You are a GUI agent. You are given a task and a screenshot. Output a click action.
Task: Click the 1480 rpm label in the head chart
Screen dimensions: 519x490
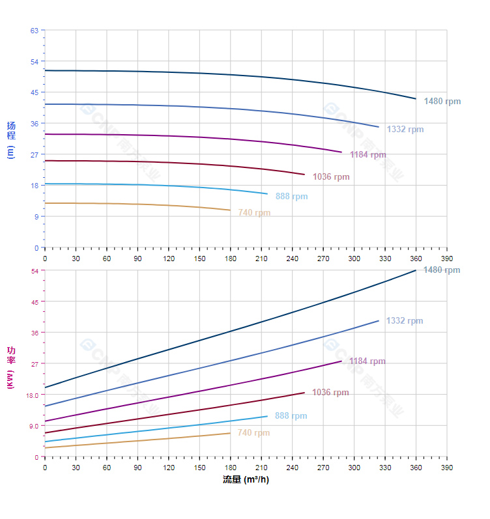point(442,101)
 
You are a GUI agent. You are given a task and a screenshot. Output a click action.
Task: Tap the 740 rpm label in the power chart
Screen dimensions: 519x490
point(253,433)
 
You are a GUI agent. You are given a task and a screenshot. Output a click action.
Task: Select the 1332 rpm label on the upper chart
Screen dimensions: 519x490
point(405,129)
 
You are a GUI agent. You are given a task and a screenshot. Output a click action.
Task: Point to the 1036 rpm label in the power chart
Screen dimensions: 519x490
point(330,393)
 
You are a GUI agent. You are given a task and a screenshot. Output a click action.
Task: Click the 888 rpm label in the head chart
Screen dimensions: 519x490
point(291,196)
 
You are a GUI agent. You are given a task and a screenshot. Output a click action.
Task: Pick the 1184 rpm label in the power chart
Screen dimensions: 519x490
point(367,361)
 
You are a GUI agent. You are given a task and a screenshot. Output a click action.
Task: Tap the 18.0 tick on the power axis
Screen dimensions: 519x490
point(33,395)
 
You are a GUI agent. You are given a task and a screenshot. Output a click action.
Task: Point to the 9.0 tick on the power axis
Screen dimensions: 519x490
point(34,426)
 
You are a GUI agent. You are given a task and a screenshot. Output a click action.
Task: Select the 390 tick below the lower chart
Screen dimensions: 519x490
point(447,468)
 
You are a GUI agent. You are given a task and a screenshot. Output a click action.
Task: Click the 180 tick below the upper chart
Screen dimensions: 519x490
point(230,259)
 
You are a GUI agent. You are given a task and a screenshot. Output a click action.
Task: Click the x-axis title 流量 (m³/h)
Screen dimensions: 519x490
point(246,480)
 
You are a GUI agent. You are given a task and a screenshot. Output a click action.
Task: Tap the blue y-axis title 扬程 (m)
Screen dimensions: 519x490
point(10,140)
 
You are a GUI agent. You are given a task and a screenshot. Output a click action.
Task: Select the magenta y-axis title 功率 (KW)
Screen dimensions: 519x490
point(10,369)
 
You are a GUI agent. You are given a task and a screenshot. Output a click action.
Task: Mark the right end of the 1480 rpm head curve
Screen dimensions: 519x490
point(416,99)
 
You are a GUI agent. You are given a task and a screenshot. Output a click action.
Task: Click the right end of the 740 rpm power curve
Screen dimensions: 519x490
point(230,433)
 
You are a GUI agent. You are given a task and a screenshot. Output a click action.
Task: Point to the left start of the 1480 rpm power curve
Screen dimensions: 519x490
point(45,387)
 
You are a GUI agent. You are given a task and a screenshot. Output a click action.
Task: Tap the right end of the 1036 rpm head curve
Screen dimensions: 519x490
point(304,174)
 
